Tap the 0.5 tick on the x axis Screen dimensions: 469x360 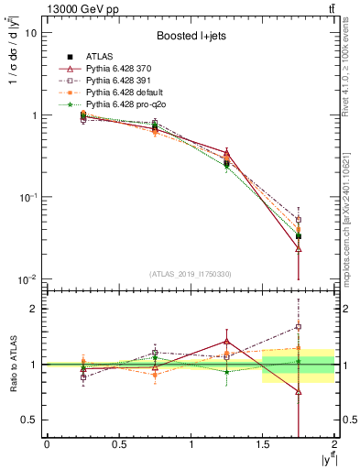pyautogui.click(x=118, y=444)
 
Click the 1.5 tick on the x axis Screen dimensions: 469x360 pyautogui.click(x=263, y=444)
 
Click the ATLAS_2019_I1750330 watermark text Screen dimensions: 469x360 pyautogui.click(x=190, y=274)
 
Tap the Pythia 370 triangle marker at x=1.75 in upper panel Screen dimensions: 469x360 pyautogui.click(x=299, y=248)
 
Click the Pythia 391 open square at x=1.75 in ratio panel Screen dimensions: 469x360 pyautogui.click(x=299, y=326)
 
